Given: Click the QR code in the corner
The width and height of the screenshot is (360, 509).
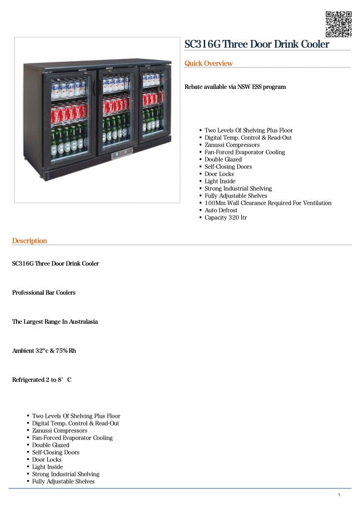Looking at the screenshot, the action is pyautogui.click(x=338, y=24).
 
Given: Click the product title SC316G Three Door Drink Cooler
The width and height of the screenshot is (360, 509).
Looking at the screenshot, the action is pyautogui.click(x=257, y=44).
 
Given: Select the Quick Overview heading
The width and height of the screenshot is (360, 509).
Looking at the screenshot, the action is pyautogui.click(x=208, y=64).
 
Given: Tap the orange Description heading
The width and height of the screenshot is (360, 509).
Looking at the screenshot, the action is pyautogui.click(x=29, y=241).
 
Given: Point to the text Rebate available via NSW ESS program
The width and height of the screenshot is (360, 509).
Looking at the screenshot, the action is pyautogui.click(x=235, y=87).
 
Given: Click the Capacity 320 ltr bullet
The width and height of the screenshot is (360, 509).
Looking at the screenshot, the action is pyautogui.click(x=225, y=218).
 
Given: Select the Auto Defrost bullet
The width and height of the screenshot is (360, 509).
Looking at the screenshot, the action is pyautogui.click(x=221, y=211).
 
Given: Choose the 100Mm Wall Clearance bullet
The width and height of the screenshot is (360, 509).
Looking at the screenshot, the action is pyautogui.click(x=267, y=203).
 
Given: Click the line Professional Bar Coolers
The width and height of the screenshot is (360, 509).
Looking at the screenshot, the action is pyautogui.click(x=44, y=293).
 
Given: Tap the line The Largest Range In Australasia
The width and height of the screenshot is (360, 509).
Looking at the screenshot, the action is pyautogui.click(x=54, y=322).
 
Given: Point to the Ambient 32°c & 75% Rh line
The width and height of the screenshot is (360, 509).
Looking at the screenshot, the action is pyautogui.click(x=44, y=351).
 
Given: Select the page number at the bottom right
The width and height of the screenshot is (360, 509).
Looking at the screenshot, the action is pyautogui.click(x=339, y=495).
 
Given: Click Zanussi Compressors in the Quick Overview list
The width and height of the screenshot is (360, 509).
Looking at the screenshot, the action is pyautogui.click(x=232, y=145).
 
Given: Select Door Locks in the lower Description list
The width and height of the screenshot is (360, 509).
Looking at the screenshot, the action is pyautogui.click(x=48, y=460).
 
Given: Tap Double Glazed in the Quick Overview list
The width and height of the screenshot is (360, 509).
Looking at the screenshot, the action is pyautogui.click(x=223, y=160).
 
